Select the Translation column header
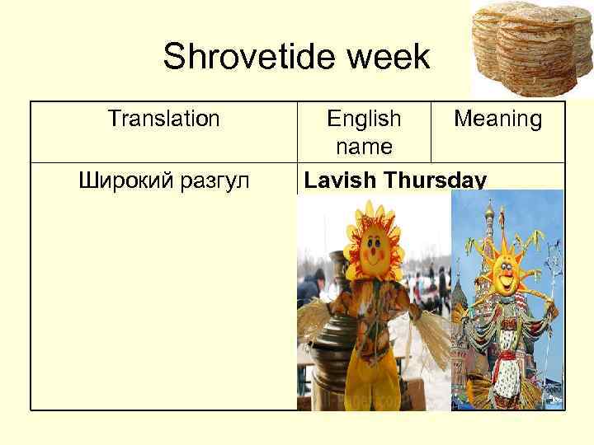[x=163, y=119]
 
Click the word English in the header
[x=364, y=119]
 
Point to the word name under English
[x=364, y=146]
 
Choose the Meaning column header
[x=497, y=119]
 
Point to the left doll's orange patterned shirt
[x=375, y=317]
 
